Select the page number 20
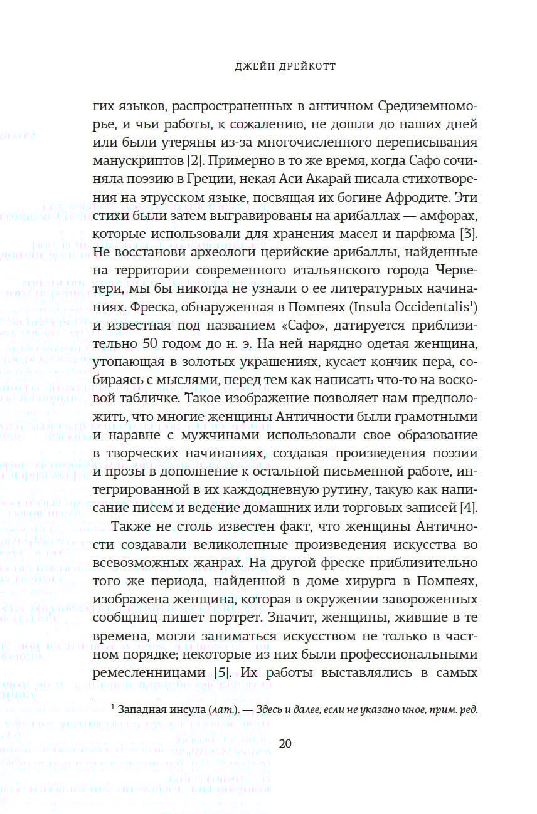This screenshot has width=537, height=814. pyautogui.click(x=285, y=744)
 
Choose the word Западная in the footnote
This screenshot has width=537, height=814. pyautogui.click(x=140, y=710)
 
